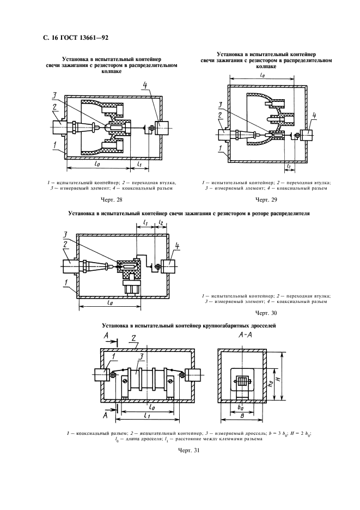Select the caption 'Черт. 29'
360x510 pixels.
coord(266,199)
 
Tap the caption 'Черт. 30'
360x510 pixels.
coord(266,313)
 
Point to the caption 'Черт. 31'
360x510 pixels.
coord(188,451)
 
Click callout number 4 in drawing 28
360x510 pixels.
coord(145,86)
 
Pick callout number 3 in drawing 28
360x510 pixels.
coord(54,95)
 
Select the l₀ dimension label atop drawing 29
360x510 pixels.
coord(262,75)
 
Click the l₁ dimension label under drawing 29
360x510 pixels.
coord(288,166)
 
